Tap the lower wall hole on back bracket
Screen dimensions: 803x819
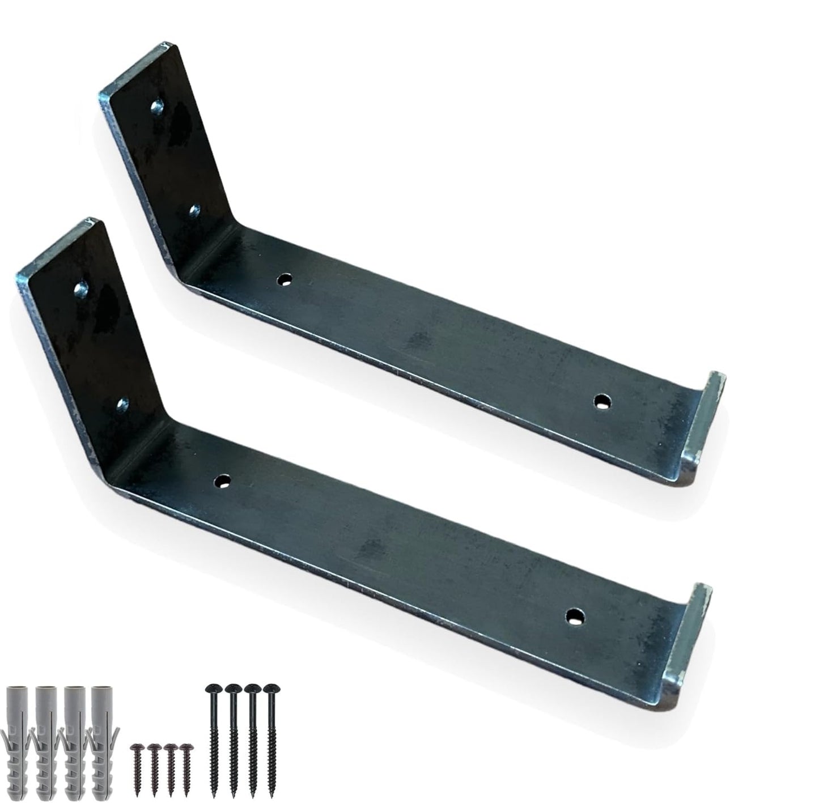pos(195,211)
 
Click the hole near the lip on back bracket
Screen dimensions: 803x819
pos(602,402)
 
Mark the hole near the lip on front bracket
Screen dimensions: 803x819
pos(576,615)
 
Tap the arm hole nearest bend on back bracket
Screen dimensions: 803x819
pos(284,279)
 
